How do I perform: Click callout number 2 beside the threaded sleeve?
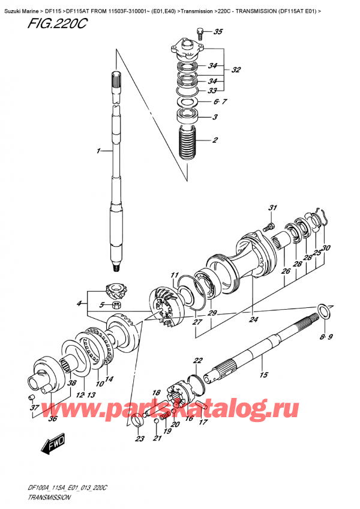[214, 141]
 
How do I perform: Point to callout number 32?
[235, 70]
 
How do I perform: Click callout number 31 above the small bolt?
[273, 208]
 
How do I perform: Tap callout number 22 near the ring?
[197, 361]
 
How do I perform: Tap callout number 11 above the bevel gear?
[175, 276]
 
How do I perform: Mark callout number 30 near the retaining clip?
[326, 248]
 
